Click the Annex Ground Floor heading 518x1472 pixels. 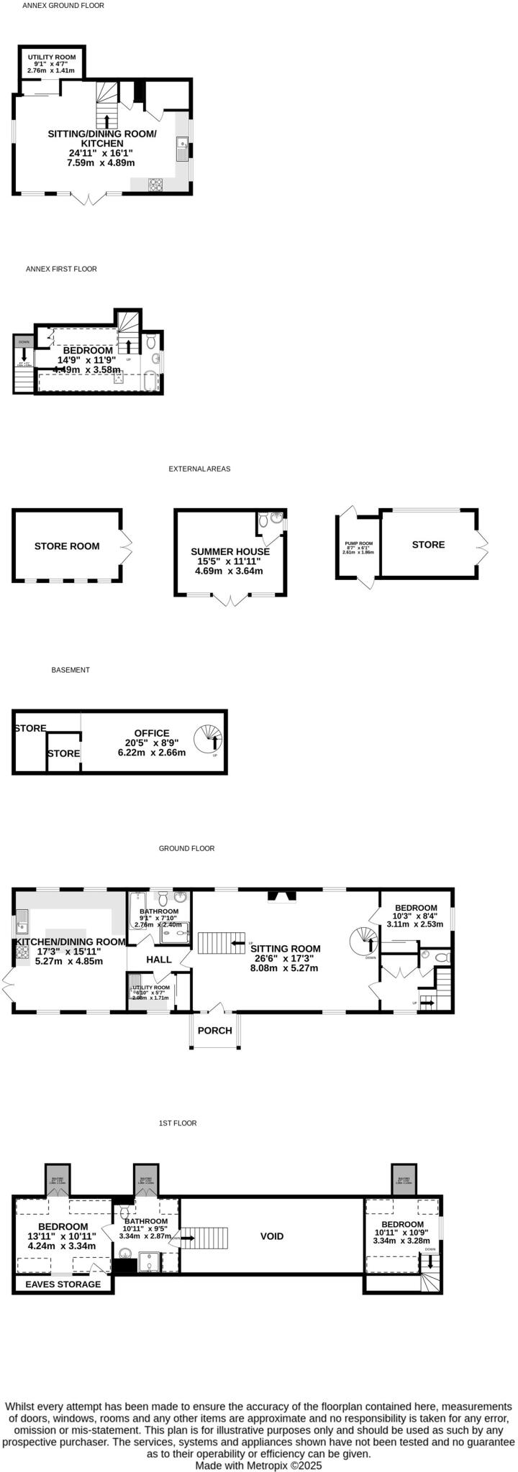coord(63,6)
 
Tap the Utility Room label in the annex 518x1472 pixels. coord(51,57)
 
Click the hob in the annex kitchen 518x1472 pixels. coord(155,183)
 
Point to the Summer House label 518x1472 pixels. coord(230,551)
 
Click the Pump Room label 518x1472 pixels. coord(358,544)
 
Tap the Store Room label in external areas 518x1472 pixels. coord(67,546)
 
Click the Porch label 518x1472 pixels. coord(215,1030)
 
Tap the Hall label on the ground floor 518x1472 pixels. coord(159,960)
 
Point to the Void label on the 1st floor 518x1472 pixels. coord(272,1236)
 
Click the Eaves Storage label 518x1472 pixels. coord(63,1284)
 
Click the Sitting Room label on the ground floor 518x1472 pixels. coord(286,949)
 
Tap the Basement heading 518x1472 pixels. coord(71,670)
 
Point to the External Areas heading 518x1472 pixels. coord(199,469)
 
